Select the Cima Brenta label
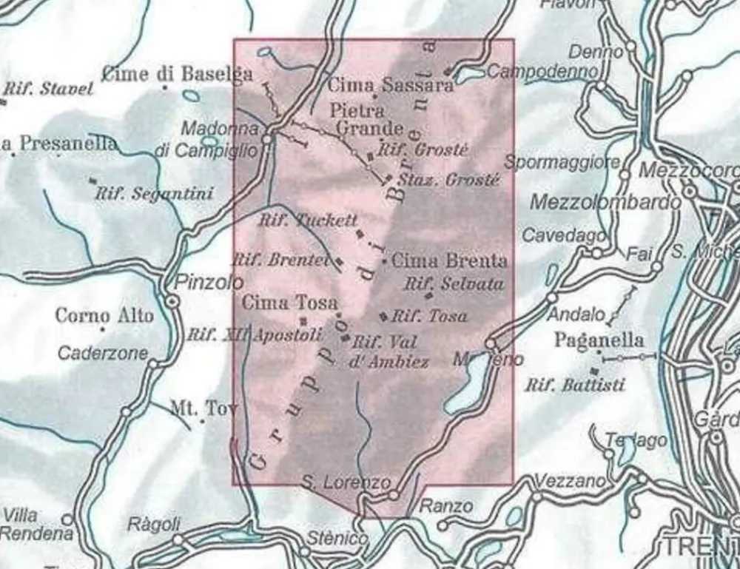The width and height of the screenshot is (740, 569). pos(449,260)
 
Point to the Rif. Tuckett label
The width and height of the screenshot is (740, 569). pos(308,220)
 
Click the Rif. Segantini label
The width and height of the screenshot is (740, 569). pos(154,194)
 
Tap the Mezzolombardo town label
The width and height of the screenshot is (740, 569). pos(605,202)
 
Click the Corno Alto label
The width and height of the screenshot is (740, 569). pos(104,316)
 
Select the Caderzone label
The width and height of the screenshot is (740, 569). pos(102,353)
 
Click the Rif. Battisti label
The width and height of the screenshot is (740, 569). pos(575,385)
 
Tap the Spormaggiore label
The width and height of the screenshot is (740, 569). pos(562,162)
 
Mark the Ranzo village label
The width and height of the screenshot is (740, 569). pos(445,507)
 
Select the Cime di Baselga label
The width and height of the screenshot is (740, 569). pos(177,73)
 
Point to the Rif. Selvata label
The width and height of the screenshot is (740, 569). pos(454,283)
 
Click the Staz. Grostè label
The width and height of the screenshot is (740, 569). pos(448,180)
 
